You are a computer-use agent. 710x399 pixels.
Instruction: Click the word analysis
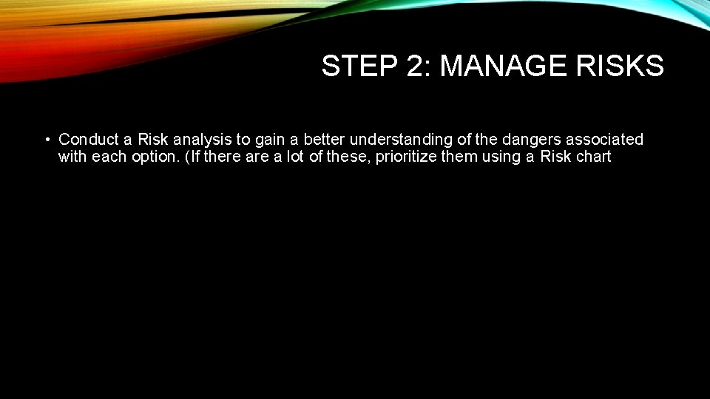pos(202,140)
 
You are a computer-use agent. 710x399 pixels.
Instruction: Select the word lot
pos(295,157)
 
